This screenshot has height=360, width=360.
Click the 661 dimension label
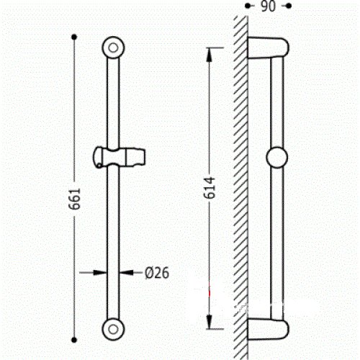click(75, 199)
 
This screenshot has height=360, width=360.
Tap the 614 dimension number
click(210, 188)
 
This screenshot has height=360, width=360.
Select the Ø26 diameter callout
click(157, 273)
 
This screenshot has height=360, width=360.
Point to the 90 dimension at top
click(268, 6)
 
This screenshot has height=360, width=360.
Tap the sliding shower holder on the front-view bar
click(119, 157)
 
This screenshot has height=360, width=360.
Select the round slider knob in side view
click(276, 158)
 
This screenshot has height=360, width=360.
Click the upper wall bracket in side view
click(269, 48)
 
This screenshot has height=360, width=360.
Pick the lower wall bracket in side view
click(269, 329)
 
